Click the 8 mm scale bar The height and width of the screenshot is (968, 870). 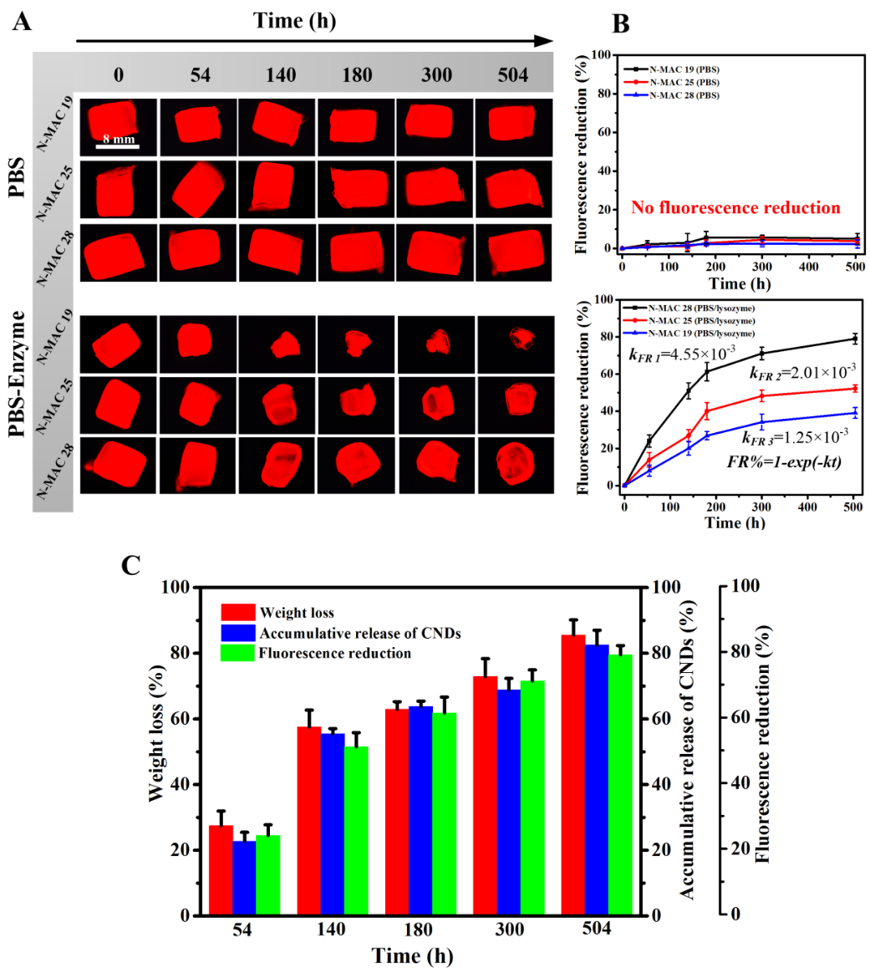(x=116, y=147)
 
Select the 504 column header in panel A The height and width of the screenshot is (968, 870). (x=511, y=75)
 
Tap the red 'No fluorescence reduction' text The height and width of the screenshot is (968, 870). (x=735, y=207)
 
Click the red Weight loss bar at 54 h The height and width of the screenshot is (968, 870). (x=221, y=870)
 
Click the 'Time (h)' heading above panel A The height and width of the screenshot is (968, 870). (x=294, y=22)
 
